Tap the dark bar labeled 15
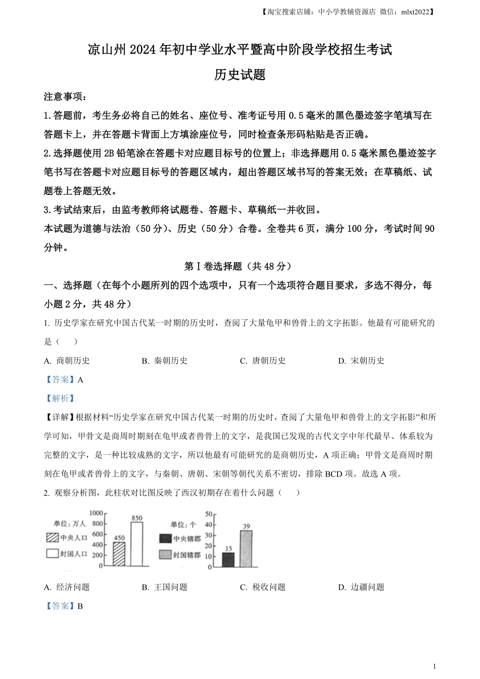(x=228, y=560)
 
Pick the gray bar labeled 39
(x=246, y=549)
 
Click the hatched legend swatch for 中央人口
(x=53, y=538)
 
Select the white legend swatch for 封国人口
(x=53, y=554)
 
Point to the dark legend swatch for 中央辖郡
(x=165, y=539)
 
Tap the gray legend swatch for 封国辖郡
(x=165, y=555)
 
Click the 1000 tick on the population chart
(x=96, y=513)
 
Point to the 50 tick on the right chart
(x=208, y=514)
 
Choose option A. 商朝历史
(x=67, y=361)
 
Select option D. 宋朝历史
(x=361, y=361)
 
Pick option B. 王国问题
(x=165, y=587)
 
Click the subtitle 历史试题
(x=240, y=75)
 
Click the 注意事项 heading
(x=65, y=96)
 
